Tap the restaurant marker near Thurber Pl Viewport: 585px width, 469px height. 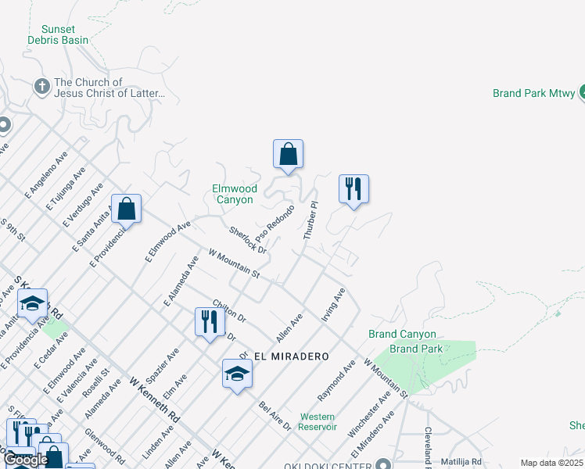pos(354,189)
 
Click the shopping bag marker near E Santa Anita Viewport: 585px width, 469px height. pos(126,209)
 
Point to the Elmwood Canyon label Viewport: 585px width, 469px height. pos(234,194)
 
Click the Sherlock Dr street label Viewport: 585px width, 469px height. pos(248,240)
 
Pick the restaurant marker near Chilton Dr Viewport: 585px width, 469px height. pos(209,321)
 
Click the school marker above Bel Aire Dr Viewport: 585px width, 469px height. pos(237,374)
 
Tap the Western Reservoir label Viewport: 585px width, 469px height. pos(318,421)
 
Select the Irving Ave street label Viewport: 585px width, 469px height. pos(333,305)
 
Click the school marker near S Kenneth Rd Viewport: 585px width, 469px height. pos(32,303)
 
